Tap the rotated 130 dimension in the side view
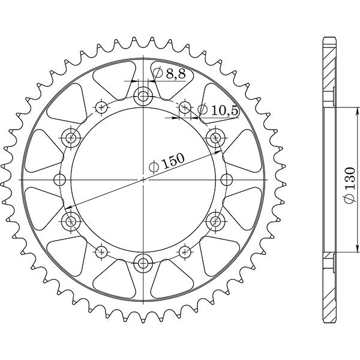coord(350,180)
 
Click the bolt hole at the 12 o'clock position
coord(143,95)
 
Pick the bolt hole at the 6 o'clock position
coord(143,262)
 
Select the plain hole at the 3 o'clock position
coord(226,179)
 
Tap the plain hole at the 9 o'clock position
coord(60,179)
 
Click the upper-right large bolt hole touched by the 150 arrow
coord(215,137)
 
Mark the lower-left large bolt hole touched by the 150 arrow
coord(71,220)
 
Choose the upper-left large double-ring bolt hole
coord(71,137)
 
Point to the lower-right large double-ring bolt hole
coord(215,220)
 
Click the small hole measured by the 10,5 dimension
coord(185,107)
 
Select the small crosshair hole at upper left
coord(101,107)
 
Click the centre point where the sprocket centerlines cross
coord(143,179)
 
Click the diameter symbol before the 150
coord(154,167)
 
